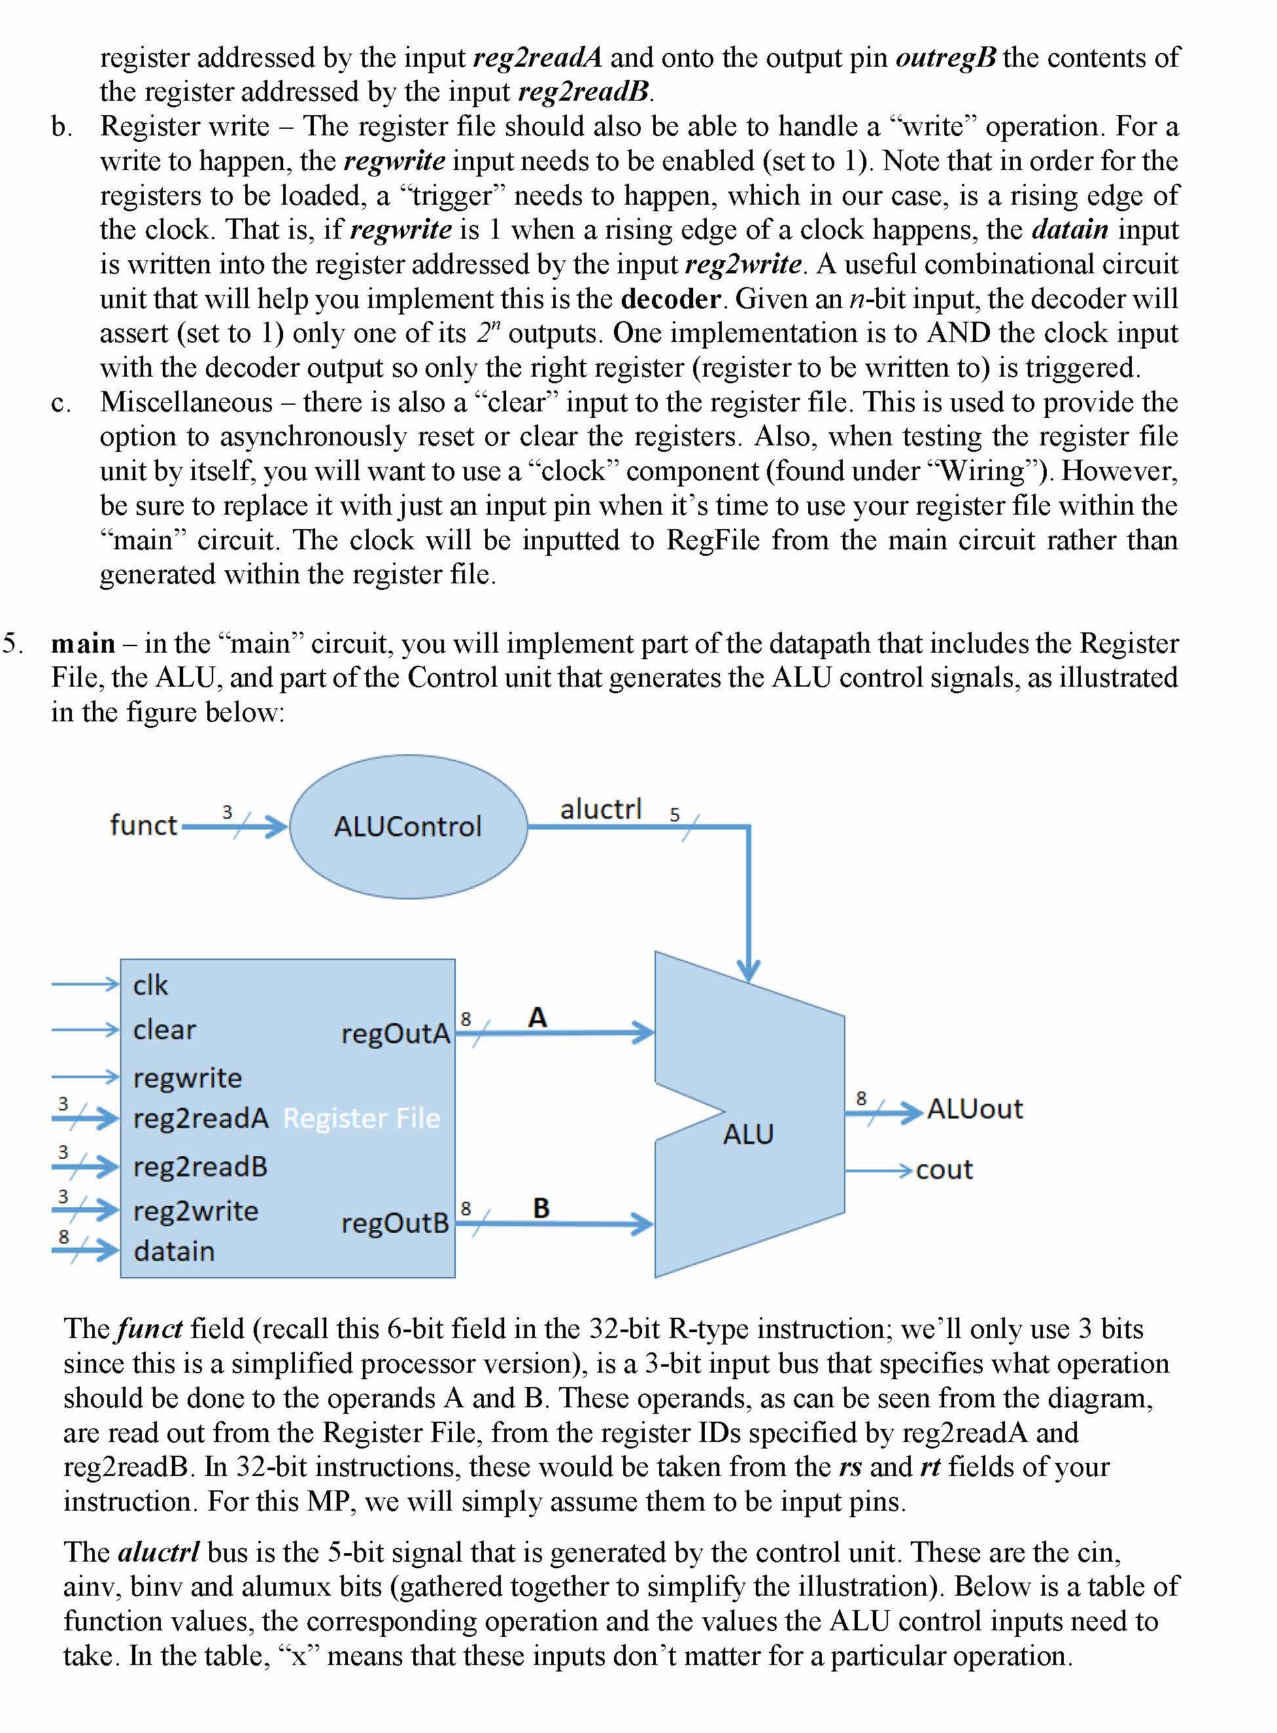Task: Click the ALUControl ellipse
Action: point(408,827)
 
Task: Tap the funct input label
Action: point(144,825)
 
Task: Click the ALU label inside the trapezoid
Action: point(748,1134)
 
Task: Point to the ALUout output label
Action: point(975,1109)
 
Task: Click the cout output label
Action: point(944,1169)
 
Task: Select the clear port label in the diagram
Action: point(164,1029)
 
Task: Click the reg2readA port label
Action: point(200,1118)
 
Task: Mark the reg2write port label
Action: point(196,1210)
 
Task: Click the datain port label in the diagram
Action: point(174,1250)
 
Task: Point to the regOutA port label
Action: point(395,1033)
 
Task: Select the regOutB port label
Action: point(395,1223)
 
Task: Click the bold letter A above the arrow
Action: point(537,1017)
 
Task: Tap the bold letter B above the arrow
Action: point(541,1207)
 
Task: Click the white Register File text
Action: point(361,1118)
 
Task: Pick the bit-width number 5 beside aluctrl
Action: point(675,815)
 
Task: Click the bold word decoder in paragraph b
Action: point(671,298)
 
